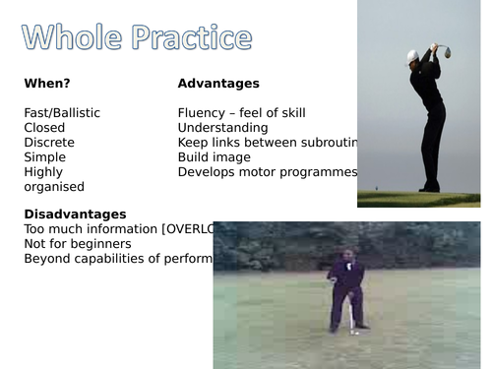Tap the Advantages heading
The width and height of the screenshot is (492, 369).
click(218, 84)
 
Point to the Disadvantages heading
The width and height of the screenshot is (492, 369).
click(75, 214)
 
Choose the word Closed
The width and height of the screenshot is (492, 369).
click(44, 128)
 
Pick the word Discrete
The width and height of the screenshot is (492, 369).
click(48, 143)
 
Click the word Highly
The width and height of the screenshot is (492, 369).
click(43, 172)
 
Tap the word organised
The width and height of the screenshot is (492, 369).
click(54, 187)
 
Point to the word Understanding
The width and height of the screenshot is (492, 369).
click(222, 128)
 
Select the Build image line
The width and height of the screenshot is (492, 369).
click(214, 157)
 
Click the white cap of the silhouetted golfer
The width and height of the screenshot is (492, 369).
click(413, 55)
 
